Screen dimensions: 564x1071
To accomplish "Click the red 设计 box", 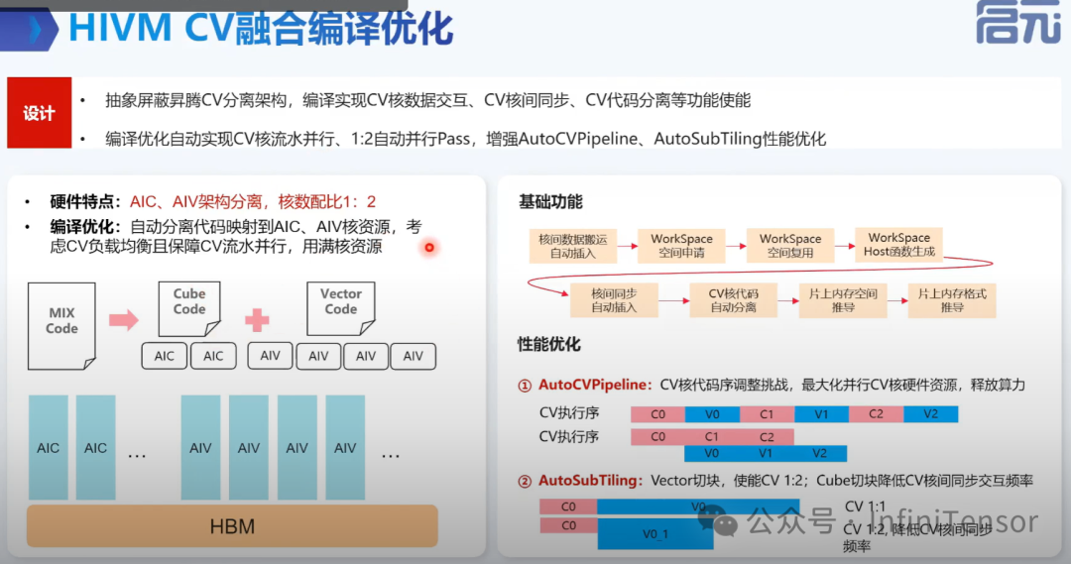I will tap(39, 113).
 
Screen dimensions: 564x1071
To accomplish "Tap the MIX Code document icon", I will tap(61, 320).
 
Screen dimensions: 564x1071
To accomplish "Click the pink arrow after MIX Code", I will tap(123, 319).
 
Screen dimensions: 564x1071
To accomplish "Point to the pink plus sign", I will tap(258, 319).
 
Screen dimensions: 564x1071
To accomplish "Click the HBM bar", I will tap(231, 525).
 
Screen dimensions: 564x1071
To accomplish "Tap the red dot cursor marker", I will tap(428, 247).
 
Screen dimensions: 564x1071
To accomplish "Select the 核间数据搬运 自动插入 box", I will tap(572, 245).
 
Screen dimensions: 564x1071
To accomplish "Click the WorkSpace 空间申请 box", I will tap(681, 245).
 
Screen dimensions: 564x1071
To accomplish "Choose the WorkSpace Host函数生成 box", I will tap(898, 244).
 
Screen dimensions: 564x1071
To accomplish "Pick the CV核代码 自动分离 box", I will tap(733, 300).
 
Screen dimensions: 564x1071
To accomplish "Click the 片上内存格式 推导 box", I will tap(952, 300).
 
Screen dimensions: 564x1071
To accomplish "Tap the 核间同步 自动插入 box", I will tap(613, 300).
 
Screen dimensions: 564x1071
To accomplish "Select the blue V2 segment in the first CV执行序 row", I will tap(930, 414).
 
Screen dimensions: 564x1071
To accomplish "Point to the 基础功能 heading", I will tap(550, 202).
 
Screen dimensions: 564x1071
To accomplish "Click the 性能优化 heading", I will tap(549, 345).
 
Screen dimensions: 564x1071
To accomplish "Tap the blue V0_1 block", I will tap(655, 534).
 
